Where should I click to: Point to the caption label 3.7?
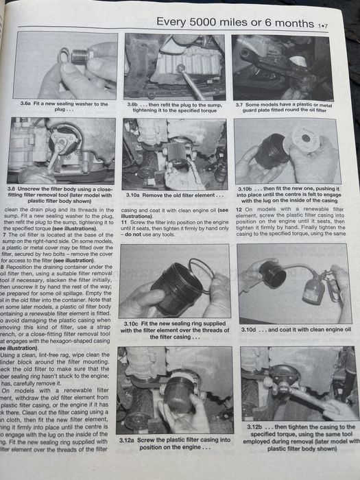pyautogui.click(x=240, y=104)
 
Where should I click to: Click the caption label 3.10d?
pyautogui.click(x=249, y=329)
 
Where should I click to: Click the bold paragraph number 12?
pyautogui.click(x=238, y=209)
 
